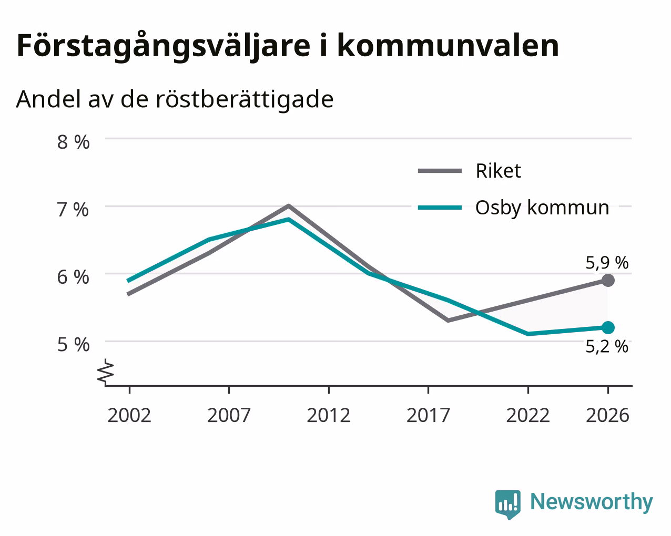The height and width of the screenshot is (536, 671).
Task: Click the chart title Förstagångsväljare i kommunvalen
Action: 288,46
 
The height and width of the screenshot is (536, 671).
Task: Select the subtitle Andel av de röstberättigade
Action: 175,100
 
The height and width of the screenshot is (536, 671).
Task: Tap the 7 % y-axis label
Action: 73,210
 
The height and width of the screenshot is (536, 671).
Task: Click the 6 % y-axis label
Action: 73,277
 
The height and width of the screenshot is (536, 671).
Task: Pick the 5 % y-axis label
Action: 73,345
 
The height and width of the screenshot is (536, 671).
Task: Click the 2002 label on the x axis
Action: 129,415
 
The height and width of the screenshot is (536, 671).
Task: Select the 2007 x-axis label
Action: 229,415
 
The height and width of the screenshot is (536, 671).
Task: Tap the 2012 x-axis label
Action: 329,415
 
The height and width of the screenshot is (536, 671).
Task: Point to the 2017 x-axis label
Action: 428,415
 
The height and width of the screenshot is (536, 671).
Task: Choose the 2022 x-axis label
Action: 528,415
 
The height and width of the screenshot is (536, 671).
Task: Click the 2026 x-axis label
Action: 608,415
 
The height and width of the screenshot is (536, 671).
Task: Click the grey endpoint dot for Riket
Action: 608,281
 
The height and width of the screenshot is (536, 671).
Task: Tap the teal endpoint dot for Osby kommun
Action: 608,328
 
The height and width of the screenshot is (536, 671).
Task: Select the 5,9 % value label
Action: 607,263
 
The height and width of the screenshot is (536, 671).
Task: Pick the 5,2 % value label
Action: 607,346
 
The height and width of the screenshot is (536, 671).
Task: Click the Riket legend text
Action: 499,171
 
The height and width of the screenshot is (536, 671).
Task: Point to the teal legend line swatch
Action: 440,208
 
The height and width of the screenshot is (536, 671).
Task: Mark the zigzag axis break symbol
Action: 105,371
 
